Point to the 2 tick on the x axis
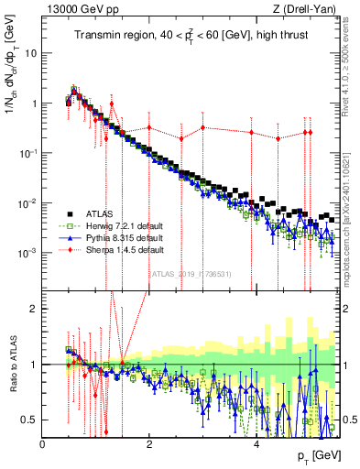149,444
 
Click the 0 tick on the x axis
43,444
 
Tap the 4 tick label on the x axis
256,444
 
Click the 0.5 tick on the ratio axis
31,420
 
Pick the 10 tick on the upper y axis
30,53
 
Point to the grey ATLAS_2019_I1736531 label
191,274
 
